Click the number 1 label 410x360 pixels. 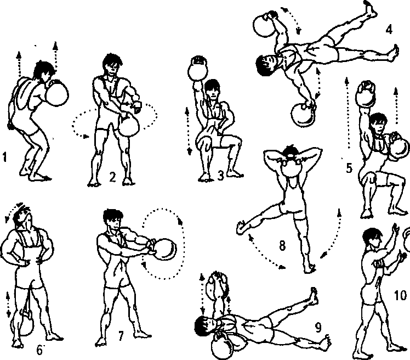click(4, 157)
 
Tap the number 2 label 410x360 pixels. click(112, 177)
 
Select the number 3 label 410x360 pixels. click(221, 176)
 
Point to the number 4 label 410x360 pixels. click(389, 29)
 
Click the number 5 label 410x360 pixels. click(349, 168)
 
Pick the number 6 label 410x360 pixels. click(39, 350)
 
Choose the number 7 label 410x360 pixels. click(121, 336)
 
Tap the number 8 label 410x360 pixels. click(282, 246)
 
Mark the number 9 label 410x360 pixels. click(318, 327)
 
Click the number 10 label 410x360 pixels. click(400, 295)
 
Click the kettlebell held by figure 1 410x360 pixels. click(57, 93)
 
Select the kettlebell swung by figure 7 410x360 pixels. click(164, 249)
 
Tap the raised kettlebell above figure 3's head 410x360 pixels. click(198, 69)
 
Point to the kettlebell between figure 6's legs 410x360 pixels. click(27, 323)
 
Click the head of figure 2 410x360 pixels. click(112, 64)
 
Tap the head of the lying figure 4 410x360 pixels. click(266, 65)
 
